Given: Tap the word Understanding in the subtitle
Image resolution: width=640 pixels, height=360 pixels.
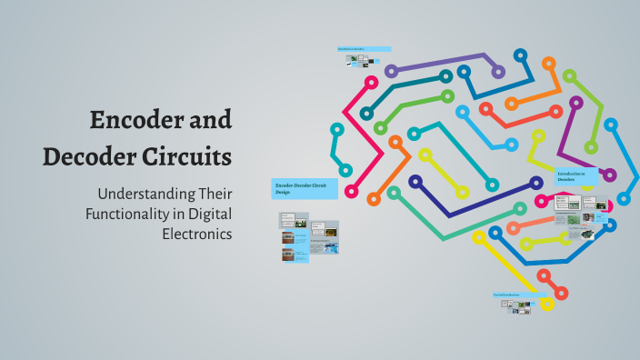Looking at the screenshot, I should coord(145,195).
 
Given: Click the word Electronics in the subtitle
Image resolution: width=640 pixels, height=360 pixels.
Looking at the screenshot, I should coord(195,233).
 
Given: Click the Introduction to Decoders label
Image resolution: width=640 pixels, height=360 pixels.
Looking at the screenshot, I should coord(575,175).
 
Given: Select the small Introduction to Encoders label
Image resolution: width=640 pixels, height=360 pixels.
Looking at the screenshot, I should coord(364,49).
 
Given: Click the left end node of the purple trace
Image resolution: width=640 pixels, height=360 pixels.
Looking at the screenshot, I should coord(391,71).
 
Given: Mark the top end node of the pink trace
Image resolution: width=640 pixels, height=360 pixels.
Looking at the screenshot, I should coord(371,82).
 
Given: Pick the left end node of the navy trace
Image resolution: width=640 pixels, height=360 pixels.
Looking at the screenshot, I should coord(415,182).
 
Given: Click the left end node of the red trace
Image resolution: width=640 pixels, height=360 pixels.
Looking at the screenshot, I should coord(485,109).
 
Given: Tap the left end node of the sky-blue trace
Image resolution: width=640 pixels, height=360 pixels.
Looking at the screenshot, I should coord(462,112).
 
